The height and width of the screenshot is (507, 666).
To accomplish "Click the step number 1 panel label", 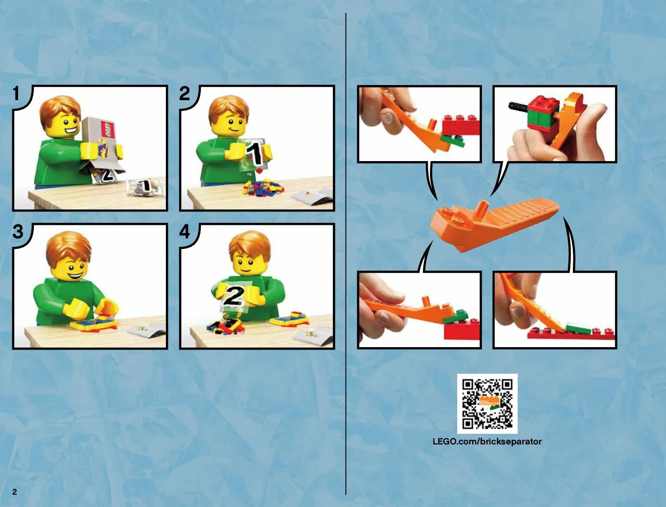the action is (x=16, y=93).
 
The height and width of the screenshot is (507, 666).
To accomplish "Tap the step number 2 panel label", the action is (x=184, y=93).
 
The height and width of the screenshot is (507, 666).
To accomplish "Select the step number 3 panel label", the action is (x=18, y=232).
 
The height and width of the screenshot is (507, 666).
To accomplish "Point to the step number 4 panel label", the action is (x=184, y=232).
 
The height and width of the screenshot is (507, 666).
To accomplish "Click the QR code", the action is (x=487, y=404).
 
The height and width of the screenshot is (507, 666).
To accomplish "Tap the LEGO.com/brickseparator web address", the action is (x=487, y=442).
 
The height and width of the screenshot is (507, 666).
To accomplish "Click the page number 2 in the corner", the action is (x=15, y=492).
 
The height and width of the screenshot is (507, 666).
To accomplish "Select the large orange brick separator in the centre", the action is (x=494, y=225).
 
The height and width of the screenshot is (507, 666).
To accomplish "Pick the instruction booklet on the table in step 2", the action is (x=313, y=196).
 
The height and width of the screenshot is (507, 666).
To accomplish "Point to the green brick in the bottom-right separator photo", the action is (x=578, y=328).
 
